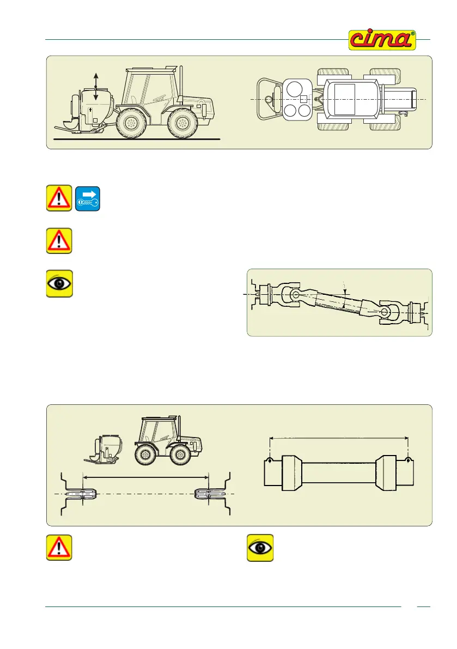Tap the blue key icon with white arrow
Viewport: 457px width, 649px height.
pos(87,198)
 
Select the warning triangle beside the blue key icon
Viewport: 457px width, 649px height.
pos(59,198)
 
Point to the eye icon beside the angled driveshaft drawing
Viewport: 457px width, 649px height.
pos(59,284)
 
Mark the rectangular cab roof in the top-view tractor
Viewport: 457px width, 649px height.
pos(344,99)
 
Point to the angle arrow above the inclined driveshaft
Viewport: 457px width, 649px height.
pos(345,288)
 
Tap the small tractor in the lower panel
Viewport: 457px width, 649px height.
pos(167,440)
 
